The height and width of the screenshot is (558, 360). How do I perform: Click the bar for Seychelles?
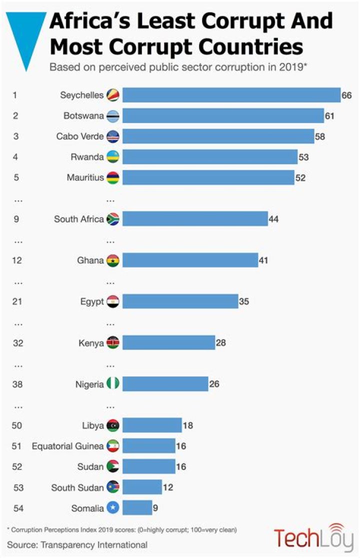(231, 95)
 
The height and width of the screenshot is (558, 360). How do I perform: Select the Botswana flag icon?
(112, 116)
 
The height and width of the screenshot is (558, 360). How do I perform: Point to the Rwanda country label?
(87, 157)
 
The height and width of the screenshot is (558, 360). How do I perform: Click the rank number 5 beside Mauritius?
(15, 177)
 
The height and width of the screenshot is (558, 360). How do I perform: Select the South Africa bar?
(195, 218)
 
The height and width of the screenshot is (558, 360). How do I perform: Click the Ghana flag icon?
(112, 260)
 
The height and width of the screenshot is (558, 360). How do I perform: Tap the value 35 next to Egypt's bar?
(244, 301)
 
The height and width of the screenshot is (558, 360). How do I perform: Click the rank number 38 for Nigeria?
(17, 384)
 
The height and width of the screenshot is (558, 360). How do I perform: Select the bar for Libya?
(152, 425)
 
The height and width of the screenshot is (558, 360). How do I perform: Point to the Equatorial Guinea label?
(67, 446)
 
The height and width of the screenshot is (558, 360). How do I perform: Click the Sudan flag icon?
(112, 466)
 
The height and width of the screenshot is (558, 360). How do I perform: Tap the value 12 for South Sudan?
(167, 487)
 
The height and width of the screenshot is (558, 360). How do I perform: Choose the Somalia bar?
(137, 507)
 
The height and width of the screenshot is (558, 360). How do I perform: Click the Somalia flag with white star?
(112, 507)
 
